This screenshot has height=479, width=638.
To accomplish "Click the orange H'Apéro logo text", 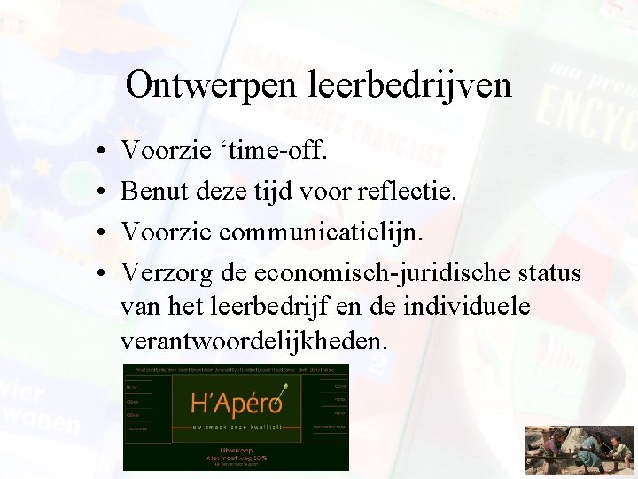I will [x=236, y=404].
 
